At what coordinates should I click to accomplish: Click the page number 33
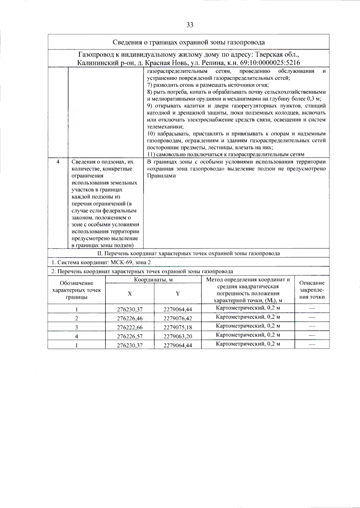tap(190, 25)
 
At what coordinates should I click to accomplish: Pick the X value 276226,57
tap(130, 336)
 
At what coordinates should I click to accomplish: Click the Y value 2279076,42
tap(178, 318)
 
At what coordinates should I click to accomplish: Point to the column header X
tap(130, 294)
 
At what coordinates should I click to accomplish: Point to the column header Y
tap(178, 294)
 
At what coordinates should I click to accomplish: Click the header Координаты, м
tap(153, 280)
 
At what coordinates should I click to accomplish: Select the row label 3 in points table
tap(76, 327)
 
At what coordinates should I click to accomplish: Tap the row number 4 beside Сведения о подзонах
tap(58, 162)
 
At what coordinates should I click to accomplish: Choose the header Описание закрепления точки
tap(312, 290)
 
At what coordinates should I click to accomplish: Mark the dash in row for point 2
tap(312, 317)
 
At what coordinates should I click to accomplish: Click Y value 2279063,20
tap(178, 336)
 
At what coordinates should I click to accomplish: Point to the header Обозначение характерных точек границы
tap(76, 290)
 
